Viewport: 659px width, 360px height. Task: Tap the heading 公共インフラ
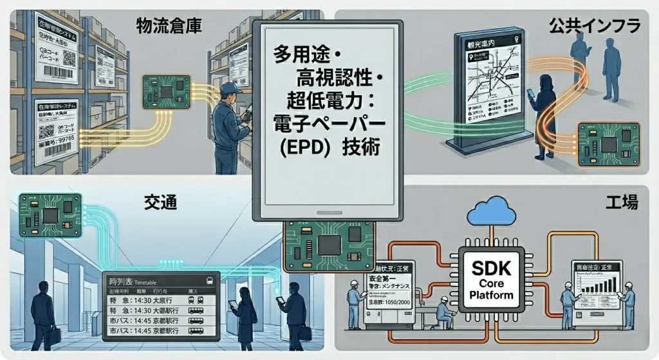click(594, 26)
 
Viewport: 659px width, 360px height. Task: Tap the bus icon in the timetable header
click(209, 281)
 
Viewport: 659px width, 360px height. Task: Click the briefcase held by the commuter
click(54, 334)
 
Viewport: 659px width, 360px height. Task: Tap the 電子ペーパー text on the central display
click(328, 123)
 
